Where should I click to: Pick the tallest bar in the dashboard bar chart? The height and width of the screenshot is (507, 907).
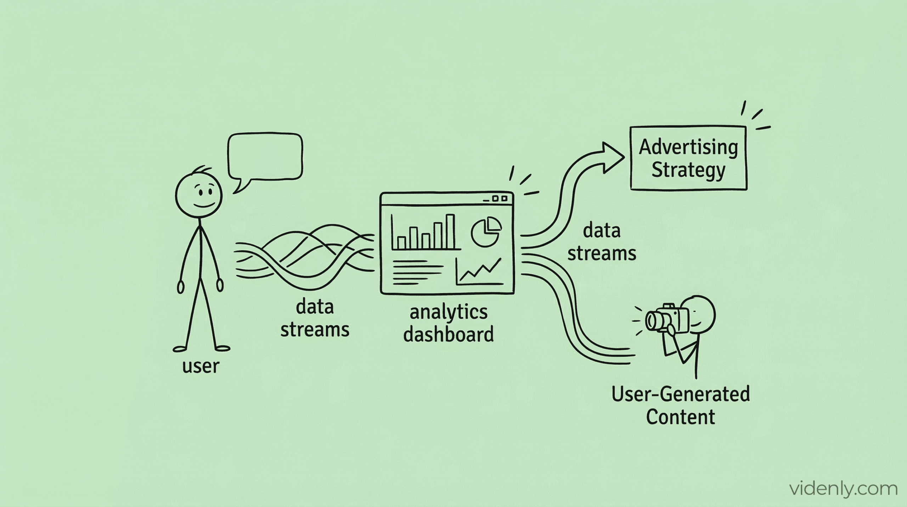(x=450, y=231)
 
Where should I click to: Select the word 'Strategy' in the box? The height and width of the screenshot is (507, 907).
(x=688, y=170)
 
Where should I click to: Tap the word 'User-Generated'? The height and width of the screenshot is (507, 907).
(x=681, y=394)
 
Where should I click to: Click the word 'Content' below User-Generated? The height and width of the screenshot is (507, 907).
(x=681, y=417)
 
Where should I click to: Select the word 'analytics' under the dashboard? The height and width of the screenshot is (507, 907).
(x=449, y=312)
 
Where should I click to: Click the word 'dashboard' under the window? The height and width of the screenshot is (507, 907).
(x=449, y=334)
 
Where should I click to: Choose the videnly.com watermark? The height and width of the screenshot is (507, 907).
(x=843, y=489)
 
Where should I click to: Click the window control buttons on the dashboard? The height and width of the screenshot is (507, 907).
(x=499, y=199)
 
